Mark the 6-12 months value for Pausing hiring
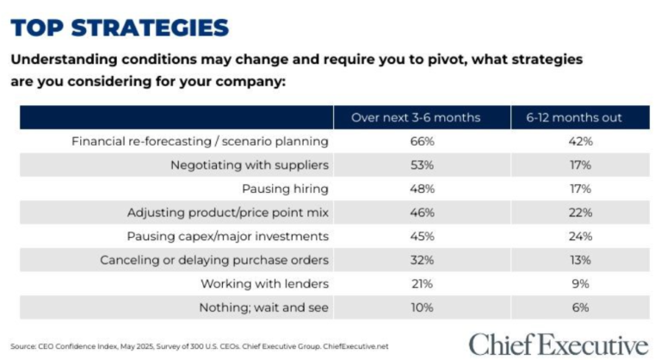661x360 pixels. point(578,188)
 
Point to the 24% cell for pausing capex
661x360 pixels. point(578,236)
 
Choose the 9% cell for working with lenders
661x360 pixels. point(578,283)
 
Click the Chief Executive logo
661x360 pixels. point(559,344)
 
